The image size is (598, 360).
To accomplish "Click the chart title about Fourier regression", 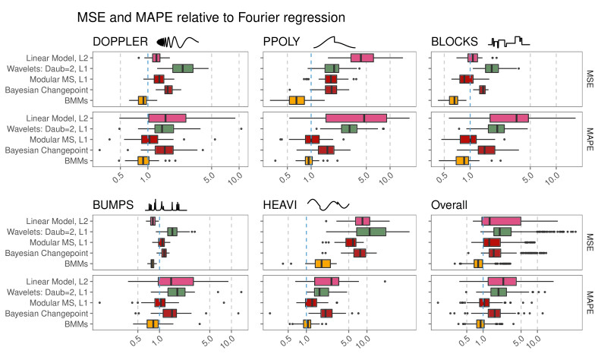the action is (x=211, y=17).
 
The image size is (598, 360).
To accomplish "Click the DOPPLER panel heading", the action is (x=120, y=42).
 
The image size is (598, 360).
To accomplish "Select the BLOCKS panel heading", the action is (x=455, y=42).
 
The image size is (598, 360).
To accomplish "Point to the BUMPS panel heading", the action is (x=113, y=205).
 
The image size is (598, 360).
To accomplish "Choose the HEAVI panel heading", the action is (x=279, y=205).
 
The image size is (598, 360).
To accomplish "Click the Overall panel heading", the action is (x=449, y=205).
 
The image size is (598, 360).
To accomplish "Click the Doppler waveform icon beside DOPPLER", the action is (x=178, y=42).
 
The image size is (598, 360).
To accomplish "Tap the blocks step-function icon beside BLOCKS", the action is (x=508, y=42).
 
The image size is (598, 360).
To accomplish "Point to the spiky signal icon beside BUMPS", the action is (x=165, y=205).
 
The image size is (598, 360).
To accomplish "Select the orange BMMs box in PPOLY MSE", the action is (x=297, y=101).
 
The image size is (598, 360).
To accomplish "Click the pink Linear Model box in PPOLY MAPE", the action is (x=356, y=118).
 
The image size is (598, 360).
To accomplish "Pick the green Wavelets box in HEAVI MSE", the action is (x=371, y=232).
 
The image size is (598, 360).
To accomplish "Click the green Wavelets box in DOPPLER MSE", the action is (x=183, y=68).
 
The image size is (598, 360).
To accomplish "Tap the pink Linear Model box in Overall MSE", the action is (x=501, y=222).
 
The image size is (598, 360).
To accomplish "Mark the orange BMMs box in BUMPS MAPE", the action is (x=153, y=324).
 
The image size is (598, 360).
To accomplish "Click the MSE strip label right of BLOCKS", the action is (x=590, y=79).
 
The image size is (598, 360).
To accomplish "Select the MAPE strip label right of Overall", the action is (x=590, y=302).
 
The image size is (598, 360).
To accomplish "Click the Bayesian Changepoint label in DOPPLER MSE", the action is (x=46, y=90).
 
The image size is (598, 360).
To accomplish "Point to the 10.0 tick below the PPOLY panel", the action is (x=386, y=178).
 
